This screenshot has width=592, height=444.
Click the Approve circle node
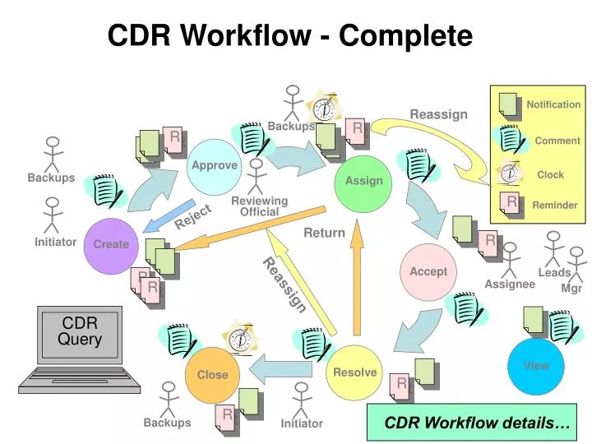coord(215,166)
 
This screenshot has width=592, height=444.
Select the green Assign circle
coord(363,182)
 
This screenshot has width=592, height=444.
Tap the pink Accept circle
coord(428,272)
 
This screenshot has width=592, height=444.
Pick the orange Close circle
coord(212,375)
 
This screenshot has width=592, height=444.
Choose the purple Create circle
coord(111,245)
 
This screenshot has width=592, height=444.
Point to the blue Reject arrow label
coord(193,217)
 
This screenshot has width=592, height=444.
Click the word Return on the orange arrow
coord(325,233)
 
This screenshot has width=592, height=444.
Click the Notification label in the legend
coord(553,104)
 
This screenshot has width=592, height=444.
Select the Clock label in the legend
coord(550,174)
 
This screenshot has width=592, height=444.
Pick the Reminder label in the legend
coord(555,205)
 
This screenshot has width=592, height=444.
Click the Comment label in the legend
coord(557,141)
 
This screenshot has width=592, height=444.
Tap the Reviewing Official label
coord(259,206)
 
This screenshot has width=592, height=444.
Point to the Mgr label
coord(571,289)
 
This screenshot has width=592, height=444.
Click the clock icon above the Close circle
coord(239,339)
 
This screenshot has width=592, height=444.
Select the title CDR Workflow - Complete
coord(290,35)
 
